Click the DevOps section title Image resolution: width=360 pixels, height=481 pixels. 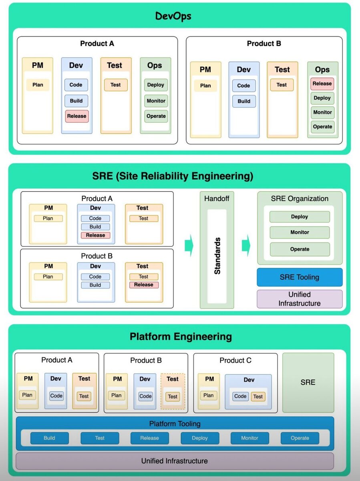pyautogui.click(x=173, y=16)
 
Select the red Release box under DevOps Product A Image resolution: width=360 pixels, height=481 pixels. pyautogui.click(x=76, y=116)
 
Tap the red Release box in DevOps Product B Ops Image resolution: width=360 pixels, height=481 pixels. pyautogui.click(x=322, y=84)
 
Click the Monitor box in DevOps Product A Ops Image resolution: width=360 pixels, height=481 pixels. pyautogui.click(x=156, y=101)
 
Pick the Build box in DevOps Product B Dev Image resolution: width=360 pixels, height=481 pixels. pyautogui.click(x=243, y=101)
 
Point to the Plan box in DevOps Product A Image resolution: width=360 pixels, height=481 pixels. pyautogui.click(x=38, y=85)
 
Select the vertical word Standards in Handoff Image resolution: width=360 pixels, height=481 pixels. pyautogui.click(x=217, y=256)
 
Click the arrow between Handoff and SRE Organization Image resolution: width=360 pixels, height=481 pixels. pyautogui.click(x=246, y=243)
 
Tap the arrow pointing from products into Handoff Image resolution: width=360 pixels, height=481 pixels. pyautogui.click(x=189, y=246)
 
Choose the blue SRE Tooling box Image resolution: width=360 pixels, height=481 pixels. pyautogui.click(x=299, y=277)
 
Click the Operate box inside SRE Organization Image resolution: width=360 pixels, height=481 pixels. pyautogui.click(x=300, y=249)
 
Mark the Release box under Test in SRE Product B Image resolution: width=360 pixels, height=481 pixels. pyautogui.click(x=143, y=285)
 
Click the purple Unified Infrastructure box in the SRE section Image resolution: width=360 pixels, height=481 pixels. pyautogui.click(x=299, y=299)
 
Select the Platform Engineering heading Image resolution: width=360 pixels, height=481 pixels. pyautogui.click(x=181, y=336)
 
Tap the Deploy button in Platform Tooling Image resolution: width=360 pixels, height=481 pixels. pyautogui.click(x=199, y=438)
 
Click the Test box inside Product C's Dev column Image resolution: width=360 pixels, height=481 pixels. pyautogui.click(x=258, y=396)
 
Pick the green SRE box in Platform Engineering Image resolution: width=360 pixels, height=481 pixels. pyautogui.click(x=308, y=382)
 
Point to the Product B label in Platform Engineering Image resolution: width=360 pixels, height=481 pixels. pyautogui.click(x=146, y=360)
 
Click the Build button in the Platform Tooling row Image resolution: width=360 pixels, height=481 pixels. pyautogui.click(x=49, y=438)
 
